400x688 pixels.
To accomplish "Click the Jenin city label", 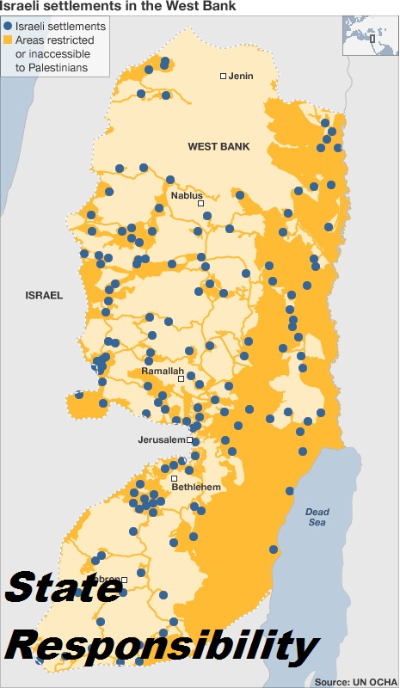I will tap(242, 76).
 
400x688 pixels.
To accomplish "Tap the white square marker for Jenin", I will tap(224, 77).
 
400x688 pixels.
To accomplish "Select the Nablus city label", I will tap(187, 195).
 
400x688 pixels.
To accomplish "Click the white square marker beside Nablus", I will tap(201, 204).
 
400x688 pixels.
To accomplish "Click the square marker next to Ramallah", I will tap(182, 378).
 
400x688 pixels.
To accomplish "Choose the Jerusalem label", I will tap(162, 439).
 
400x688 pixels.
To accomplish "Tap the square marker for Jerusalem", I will tap(190, 439).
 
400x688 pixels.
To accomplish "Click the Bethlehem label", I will tap(196, 487).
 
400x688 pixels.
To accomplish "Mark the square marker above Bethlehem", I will tap(175, 478).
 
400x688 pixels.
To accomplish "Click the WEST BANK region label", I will tap(218, 147).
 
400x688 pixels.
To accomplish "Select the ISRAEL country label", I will tap(44, 295).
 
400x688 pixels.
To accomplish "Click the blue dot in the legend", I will tap(8, 27).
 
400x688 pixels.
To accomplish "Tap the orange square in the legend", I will tap(8, 40).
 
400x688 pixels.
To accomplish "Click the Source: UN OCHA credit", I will tap(354, 681).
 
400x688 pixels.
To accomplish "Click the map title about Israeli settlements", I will tap(117, 7).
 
